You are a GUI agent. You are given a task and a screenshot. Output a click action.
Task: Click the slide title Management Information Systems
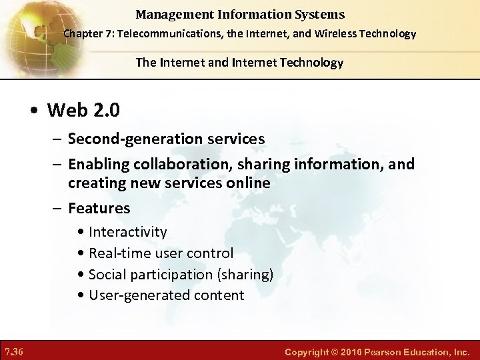239,14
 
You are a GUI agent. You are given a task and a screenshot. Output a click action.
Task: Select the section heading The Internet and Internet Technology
239,63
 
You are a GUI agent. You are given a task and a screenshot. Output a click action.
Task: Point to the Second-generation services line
166,139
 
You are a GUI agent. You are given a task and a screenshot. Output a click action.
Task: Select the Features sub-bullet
99,208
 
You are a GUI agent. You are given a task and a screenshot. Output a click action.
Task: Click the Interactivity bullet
127,232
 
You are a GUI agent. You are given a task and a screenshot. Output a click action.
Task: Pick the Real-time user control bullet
161,253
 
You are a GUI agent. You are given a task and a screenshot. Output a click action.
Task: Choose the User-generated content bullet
166,295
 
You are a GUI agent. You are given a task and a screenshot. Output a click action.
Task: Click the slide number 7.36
14,351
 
